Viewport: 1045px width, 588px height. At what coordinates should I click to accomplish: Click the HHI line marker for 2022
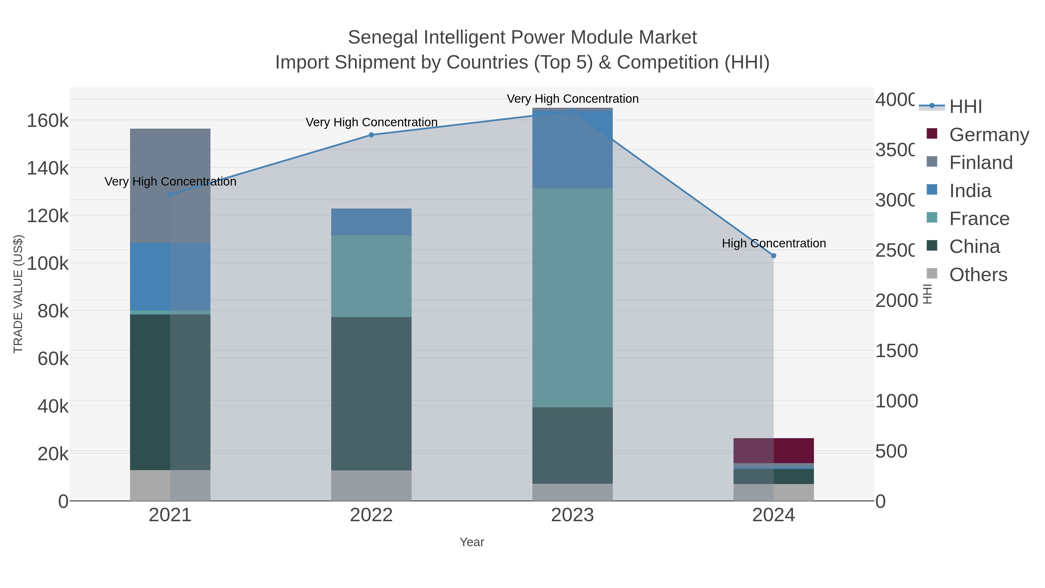pos(371,135)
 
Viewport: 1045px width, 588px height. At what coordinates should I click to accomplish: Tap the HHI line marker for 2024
pos(774,256)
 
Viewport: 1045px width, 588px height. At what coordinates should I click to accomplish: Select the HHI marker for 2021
pos(170,195)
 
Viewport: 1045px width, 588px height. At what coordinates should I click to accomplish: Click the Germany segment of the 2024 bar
pos(774,450)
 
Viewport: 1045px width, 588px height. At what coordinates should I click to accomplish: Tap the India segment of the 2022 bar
pos(371,222)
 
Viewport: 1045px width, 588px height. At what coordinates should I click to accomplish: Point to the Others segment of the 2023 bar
pos(572,492)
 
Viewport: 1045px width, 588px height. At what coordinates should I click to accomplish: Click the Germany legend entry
pos(989,134)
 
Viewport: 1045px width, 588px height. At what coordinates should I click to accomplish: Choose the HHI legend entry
pos(965,106)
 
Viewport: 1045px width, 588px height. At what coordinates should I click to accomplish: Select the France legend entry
pos(979,219)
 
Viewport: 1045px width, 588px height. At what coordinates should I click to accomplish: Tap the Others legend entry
pos(978,275)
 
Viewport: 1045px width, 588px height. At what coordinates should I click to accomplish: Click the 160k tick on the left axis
pos(48,121)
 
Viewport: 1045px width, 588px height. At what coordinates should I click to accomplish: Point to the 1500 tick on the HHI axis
pos(896,350)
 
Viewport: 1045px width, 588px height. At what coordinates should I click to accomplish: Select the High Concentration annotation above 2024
pos(774,244)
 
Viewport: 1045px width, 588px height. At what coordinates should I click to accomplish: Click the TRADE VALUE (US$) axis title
pos(18,294)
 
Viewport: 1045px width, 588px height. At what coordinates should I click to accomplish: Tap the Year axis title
pos(472,542)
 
